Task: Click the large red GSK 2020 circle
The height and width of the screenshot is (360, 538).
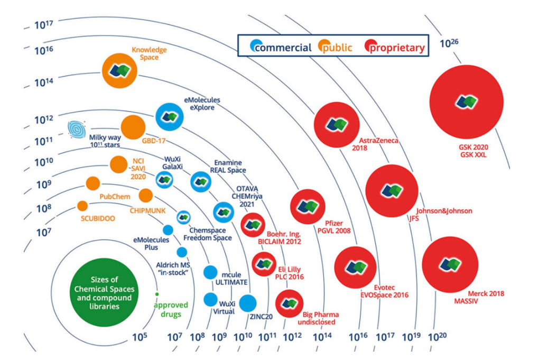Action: (466, 102)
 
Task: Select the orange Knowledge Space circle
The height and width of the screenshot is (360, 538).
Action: (120, 71)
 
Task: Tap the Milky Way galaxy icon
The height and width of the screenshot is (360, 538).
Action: (77, 129)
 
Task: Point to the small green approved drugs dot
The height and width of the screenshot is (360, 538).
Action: (157, 293)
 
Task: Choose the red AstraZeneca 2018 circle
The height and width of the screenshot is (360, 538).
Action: (337, 125)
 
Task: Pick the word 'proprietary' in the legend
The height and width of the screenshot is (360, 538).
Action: (397, 48)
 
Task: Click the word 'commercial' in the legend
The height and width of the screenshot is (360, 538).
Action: (283, 48)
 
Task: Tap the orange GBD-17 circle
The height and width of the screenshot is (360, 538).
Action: (133, 127)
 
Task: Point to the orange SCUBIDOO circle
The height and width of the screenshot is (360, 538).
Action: (82, 206)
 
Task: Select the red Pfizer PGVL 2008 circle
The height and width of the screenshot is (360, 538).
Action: (307, 206)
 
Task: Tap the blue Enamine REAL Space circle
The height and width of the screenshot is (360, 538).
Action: (201, 181)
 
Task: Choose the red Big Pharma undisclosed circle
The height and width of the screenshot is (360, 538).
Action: (289, 303)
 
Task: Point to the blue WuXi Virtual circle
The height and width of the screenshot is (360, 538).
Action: (211, 300)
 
